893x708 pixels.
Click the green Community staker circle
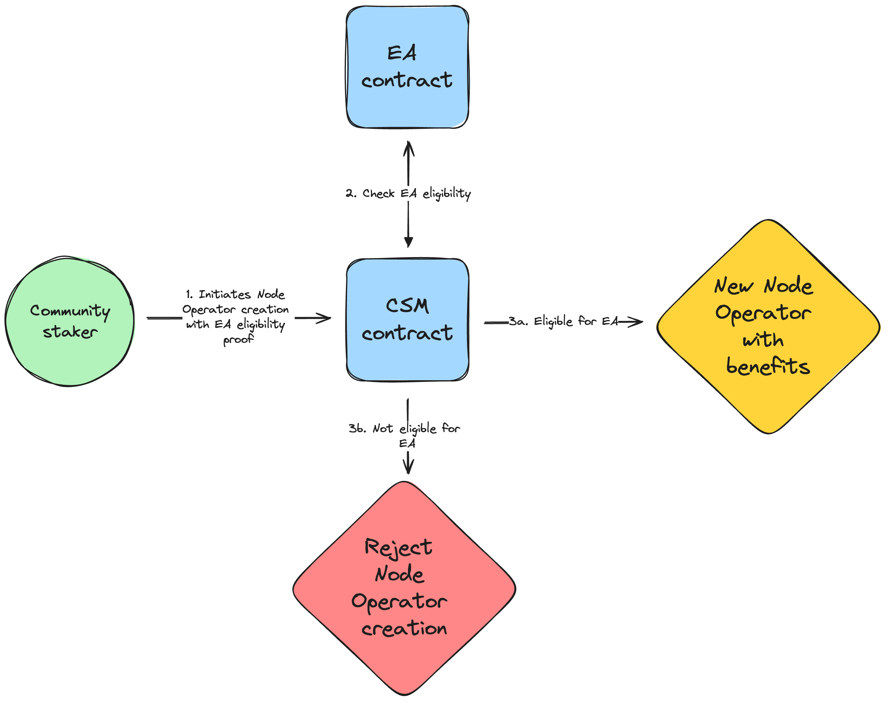pos(70,321)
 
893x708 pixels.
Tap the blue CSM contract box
pos(408,320)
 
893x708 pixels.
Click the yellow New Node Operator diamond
pos(768,327)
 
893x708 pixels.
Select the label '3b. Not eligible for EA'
pos(405,435)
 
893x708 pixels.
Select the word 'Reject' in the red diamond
pos(398,548)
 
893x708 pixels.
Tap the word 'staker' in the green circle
pos(70,332)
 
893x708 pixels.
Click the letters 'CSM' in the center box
pos(408,306)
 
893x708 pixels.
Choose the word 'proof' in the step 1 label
pos(238,339)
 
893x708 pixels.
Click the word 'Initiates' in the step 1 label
pos(225,295)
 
